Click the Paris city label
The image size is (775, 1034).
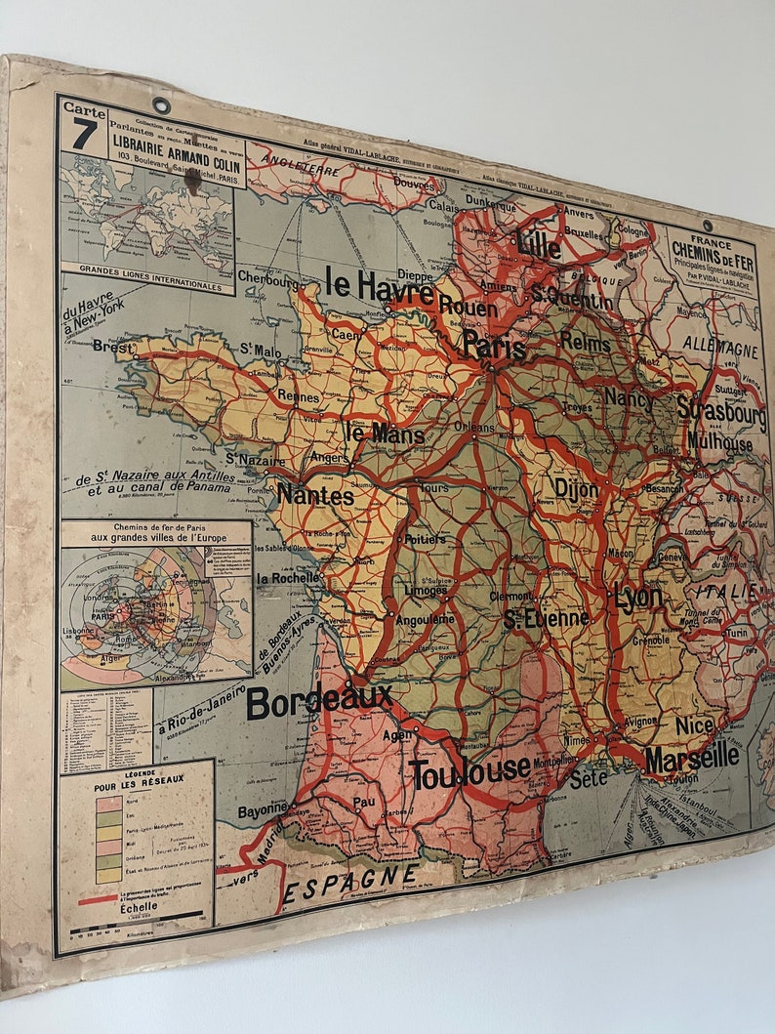tap(494, 347)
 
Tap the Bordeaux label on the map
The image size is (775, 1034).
tap(319, 700)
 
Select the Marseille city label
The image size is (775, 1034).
tap(691, 757)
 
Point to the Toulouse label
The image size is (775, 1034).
tap(470, 773)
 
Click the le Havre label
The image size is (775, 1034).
tap(380, 286)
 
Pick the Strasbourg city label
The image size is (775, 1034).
tap(721, 411)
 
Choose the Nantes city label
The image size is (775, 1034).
tap(314, 495)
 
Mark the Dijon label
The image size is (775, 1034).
tap(576, 489)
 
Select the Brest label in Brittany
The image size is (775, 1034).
tap(113, 346)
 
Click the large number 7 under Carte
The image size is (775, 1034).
tap(84, 135)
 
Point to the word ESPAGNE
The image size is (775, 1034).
tap(350, 882)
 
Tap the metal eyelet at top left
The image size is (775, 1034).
tap(160, 104)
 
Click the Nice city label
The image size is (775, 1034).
tap(694, 725)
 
